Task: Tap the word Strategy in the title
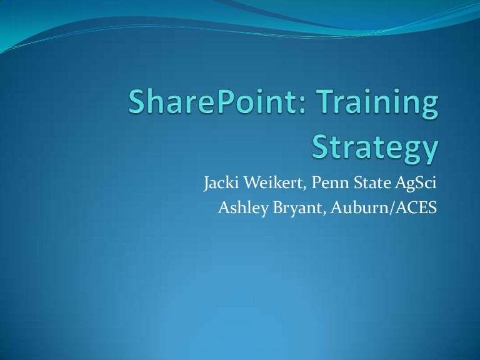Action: (374, 149)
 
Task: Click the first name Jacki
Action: (219, 185)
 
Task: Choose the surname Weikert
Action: (267, 185)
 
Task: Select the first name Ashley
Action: (240, 209)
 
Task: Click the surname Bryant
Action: (287, 209)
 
